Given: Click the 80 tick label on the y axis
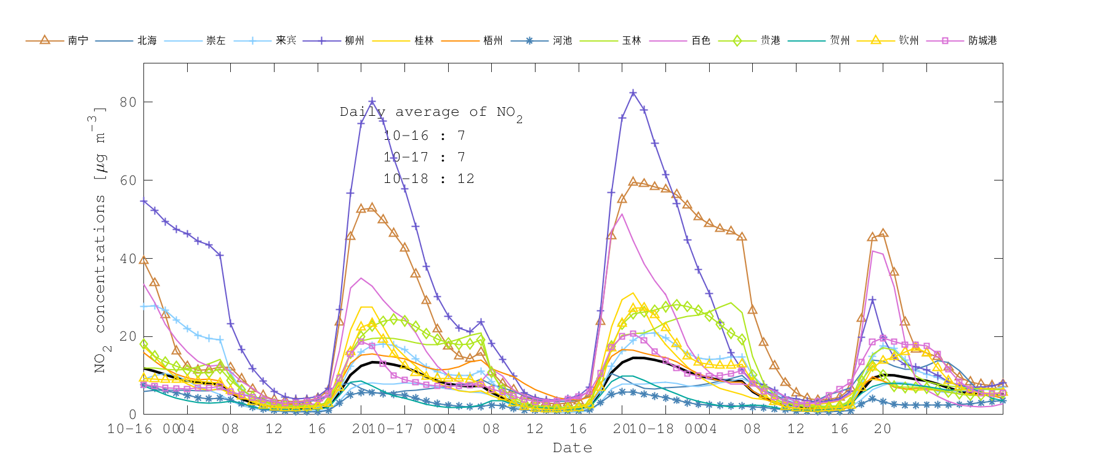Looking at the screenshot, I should tap(128, 102).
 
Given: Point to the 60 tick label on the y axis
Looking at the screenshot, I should tap(128, 180).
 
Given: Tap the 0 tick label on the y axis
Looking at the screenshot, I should tap(132, 415).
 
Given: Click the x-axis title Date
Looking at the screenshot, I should tap(572, 448).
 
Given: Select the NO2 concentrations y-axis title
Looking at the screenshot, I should tap(100, 240).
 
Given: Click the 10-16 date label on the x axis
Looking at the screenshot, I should tap(130, 429).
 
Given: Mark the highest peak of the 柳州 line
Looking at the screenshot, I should tap(633, 93).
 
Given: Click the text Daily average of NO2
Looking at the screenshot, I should tap(431, 113).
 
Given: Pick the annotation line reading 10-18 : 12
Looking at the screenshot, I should tap(429, 179).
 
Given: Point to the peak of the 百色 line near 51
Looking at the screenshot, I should tap(622, 214).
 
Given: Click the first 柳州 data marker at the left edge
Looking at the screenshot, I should tap(144, 201).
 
